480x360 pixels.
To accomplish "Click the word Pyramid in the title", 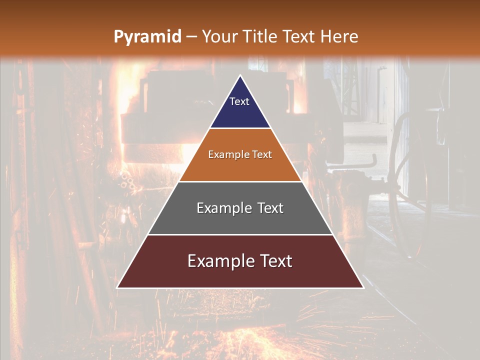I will click(147, 37).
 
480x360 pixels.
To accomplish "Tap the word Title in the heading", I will click(262, 37).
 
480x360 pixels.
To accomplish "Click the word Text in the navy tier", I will click(239, 101).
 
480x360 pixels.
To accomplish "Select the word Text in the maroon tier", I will click(275, 261).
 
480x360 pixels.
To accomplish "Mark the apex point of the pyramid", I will click(240, 75).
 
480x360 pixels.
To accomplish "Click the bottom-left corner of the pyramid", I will click(117, 288).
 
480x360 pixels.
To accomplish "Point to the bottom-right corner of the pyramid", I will click(363, 288).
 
